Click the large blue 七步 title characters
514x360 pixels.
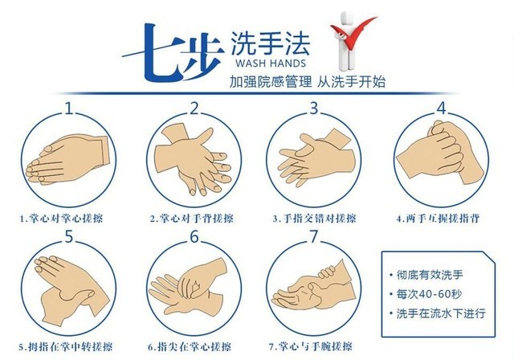coord(173,53)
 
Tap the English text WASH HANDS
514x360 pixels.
coord(271,63)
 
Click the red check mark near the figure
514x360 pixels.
coord(353,33)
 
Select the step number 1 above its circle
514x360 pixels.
coord(68,108)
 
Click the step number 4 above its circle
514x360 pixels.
coord(442,108)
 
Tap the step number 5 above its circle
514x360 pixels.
coord(68,237)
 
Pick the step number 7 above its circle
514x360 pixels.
coord(314,237)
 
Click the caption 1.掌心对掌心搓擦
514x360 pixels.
coord(61,219)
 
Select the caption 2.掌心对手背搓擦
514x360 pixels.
coord(192,219)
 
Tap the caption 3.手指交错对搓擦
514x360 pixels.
coord(314,219)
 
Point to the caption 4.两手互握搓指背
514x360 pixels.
coord(438,219)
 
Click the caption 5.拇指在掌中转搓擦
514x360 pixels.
coord(65,347)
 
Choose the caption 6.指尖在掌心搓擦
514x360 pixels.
coord(190,347)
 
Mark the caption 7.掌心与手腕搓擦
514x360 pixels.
coord(311,347)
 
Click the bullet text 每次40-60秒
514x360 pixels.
coord(429,294)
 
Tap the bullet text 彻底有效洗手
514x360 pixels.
coord(430,275)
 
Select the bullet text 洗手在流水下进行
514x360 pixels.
coord(441,313)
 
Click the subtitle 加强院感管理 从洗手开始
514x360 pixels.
coord(307,82)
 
